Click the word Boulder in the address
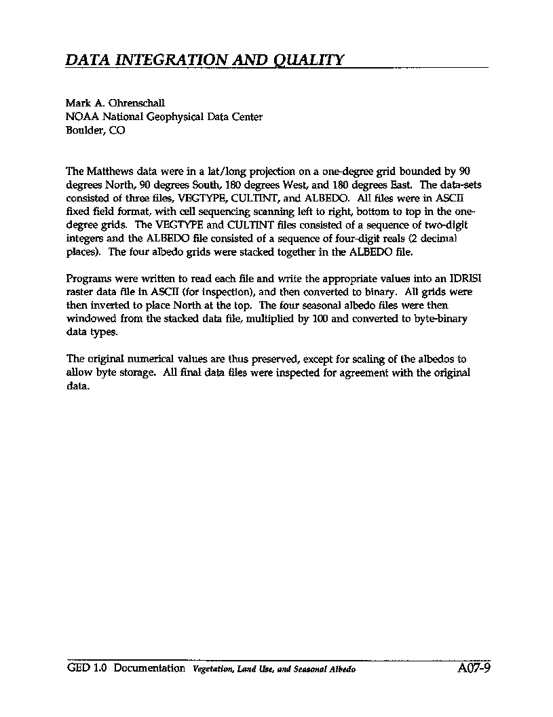(x=81, y=130)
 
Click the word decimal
(x=443, y=238)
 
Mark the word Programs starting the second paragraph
(x=88, y=279)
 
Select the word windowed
(x=88, y=319)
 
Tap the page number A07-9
(x=474, y=668)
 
